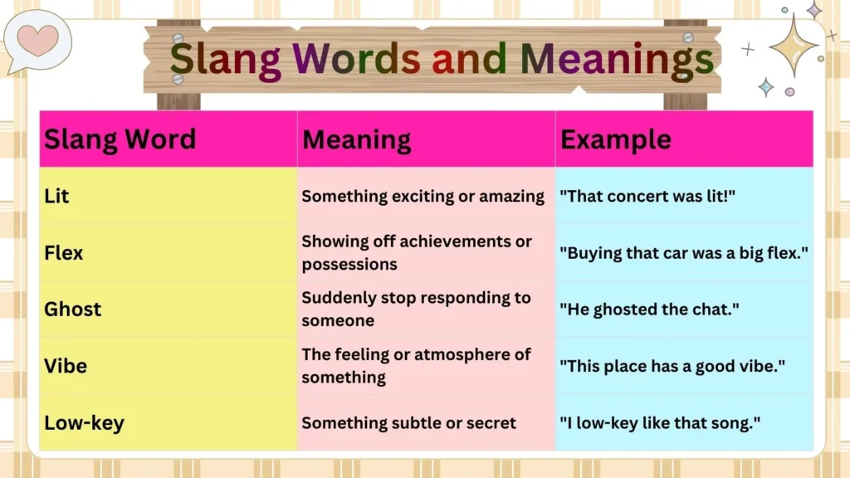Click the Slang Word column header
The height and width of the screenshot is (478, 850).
pyautogui.click(x=120, y=139)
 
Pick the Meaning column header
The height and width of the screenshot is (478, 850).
pyautogui.click(x=356, y=139)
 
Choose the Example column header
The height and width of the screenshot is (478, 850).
pyautogui.click(x=615, y=139)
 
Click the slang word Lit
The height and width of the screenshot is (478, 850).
pyautogui.click(x=56, y=197)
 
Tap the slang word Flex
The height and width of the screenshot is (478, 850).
pyautogui.click(x=63, y=252)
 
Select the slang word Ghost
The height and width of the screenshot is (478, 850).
pyautogui.click(x=72, y=309)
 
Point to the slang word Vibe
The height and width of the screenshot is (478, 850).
pyautogui.click(x=65, y=365)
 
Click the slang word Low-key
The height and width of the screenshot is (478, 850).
pyautogui.click(x=84, y=422)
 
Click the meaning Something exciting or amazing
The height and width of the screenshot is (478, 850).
pyautogui.click(x=423, y=197)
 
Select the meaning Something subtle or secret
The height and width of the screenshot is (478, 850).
pyautogui.click(x=408, y=422)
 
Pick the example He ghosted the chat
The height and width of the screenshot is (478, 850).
pyautogui.click(x=650, y=309)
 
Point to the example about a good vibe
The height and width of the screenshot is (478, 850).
pyautogui.click(x=672, y=365)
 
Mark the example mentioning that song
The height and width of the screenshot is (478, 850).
pyautogui.click(x=660, y=422)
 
